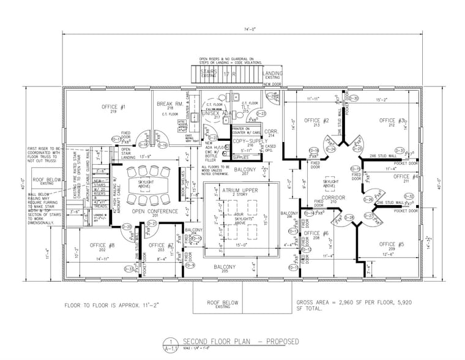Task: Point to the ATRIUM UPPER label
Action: tap(240, 192)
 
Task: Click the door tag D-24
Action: tap(331, 149)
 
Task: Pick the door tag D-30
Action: tap(354, 98)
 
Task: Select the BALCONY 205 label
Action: tap(225, 269)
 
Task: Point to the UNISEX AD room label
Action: tap(215, 113)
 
